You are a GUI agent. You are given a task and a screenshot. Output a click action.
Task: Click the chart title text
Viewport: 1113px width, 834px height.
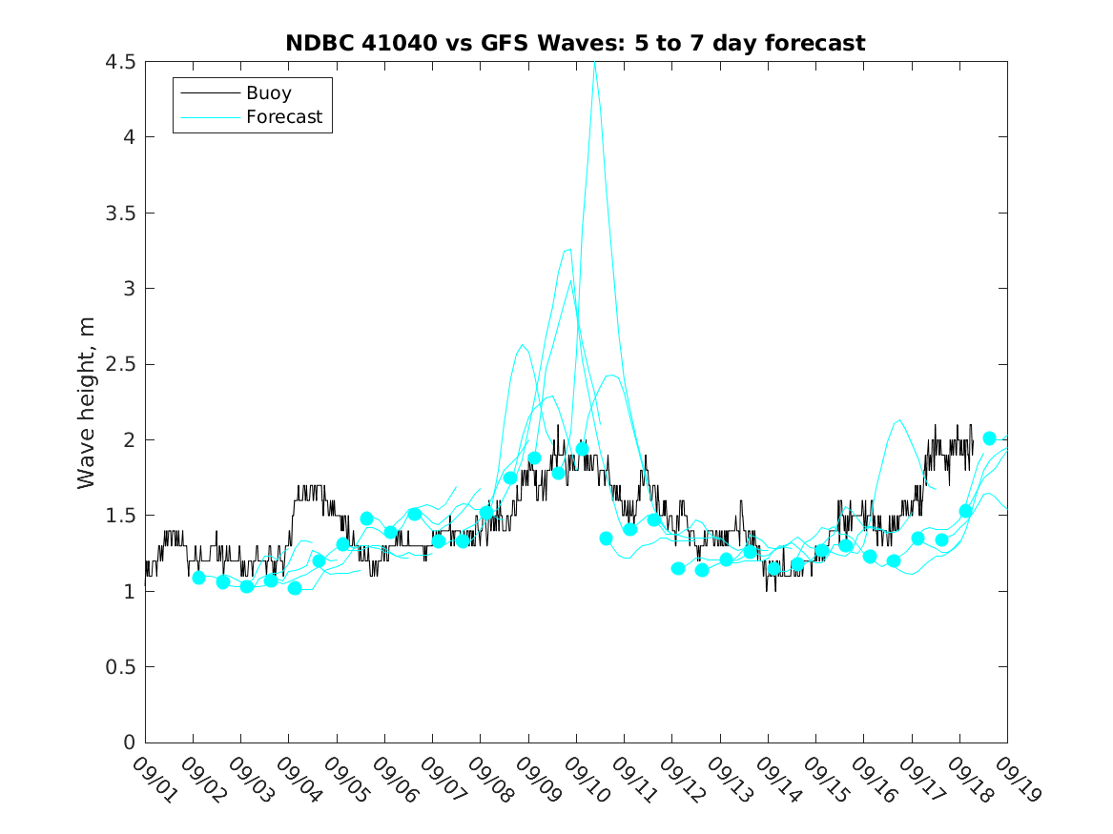pos(575,43)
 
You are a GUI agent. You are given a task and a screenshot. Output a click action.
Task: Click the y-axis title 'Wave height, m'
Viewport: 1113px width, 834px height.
pos(87,401)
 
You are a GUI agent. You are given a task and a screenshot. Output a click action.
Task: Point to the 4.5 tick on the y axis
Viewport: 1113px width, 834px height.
pos(121,62)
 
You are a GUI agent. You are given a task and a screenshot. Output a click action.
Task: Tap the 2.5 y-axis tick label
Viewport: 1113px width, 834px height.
pos(121,364)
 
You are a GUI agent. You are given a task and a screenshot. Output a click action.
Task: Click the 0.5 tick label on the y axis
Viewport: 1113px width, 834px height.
pos(121,667)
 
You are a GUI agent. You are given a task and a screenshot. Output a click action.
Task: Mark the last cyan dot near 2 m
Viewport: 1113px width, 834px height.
pos(990,438)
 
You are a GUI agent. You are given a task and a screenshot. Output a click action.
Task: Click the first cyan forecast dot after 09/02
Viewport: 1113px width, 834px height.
pos(199,578)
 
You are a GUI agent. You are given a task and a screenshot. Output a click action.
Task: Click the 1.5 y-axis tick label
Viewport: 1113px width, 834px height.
pos(121,516)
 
